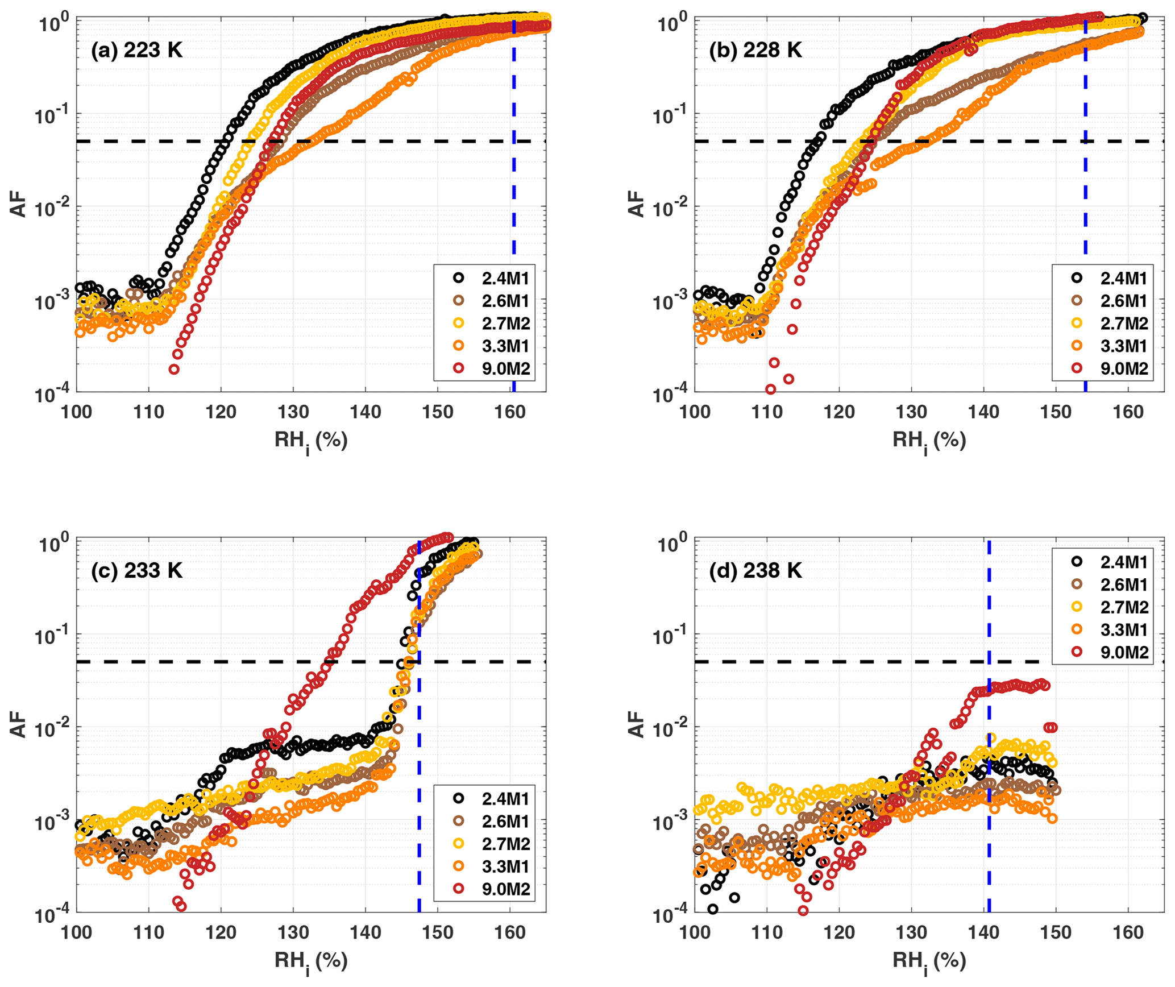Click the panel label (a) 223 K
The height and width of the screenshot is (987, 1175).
tap(136, 51)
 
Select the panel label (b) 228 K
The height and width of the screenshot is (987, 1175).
tap(755, 51)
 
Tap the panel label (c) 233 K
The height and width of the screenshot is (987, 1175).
tap(136, 570)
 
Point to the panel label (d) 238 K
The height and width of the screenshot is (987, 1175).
tap(755, 570)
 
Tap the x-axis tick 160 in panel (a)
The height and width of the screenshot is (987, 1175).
tap(510, 411)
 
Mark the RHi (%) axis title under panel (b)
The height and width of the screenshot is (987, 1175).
tap(929, 441)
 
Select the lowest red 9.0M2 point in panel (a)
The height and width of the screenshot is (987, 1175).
tap(174, 370)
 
